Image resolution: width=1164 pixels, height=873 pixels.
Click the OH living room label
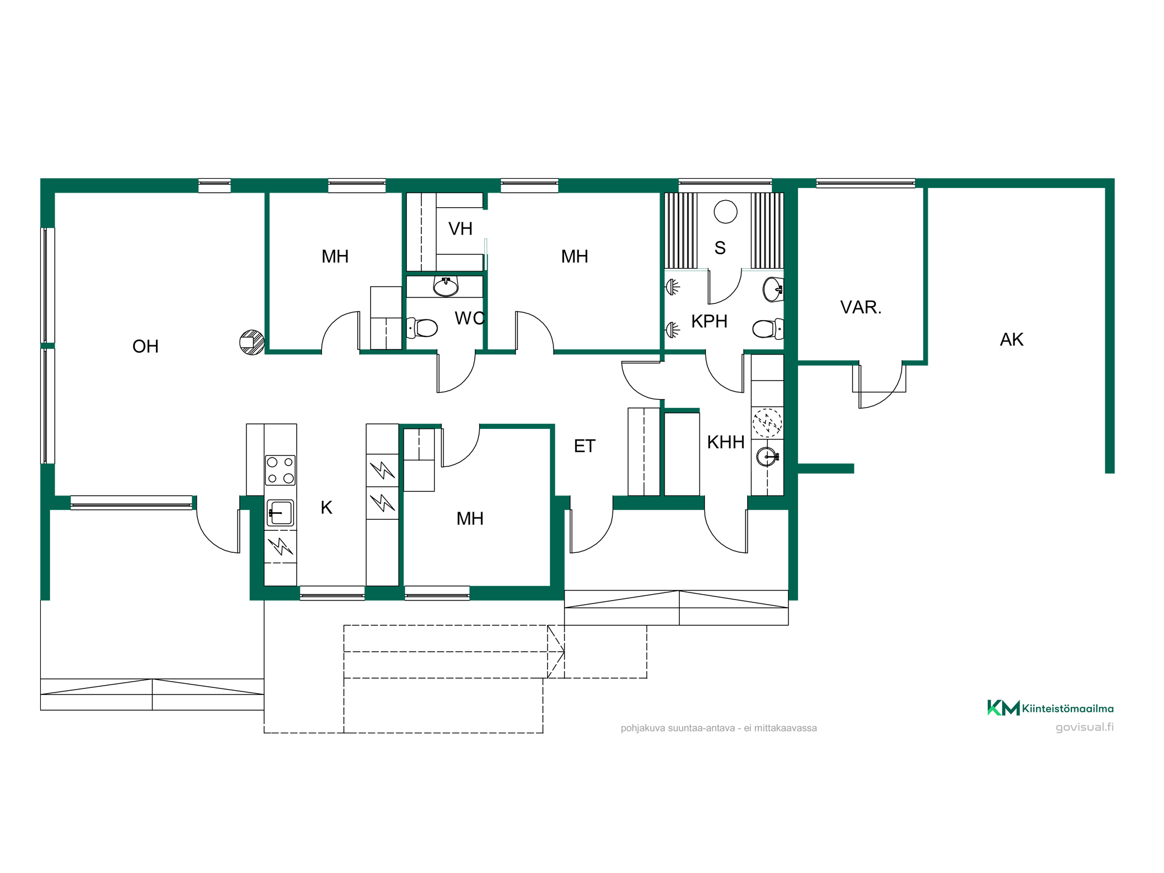point(145,346)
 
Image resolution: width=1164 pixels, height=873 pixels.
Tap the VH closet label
point(460,229)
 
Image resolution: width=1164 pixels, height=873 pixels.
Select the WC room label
point(470,318)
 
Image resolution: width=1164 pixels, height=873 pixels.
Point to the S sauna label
point(720,248)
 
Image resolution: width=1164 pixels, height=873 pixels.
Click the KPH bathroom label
point(709,321)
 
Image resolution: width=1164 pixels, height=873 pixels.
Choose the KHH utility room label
point(726,442)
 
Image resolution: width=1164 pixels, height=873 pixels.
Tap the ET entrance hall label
point(584,446)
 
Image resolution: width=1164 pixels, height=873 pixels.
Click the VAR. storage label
point(861,307)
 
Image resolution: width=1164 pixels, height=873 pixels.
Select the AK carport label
point(1012,339)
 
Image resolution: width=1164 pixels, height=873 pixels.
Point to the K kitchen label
point(327,508)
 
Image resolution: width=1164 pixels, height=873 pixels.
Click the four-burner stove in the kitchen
point(281,470)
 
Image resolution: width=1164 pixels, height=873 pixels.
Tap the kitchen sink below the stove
point(281,513)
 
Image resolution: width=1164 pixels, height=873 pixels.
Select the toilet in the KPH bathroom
point(768,329)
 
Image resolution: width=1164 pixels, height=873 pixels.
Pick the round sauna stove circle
point(726,211)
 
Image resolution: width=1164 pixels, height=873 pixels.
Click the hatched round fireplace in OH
point(252,342)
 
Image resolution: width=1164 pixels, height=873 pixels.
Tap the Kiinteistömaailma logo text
point(1067,708)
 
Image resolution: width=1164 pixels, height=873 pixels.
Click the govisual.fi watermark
point(1085,727)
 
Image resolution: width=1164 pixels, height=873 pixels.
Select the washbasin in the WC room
point(446,286)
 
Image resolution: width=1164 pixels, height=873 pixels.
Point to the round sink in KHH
point(767,457)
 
